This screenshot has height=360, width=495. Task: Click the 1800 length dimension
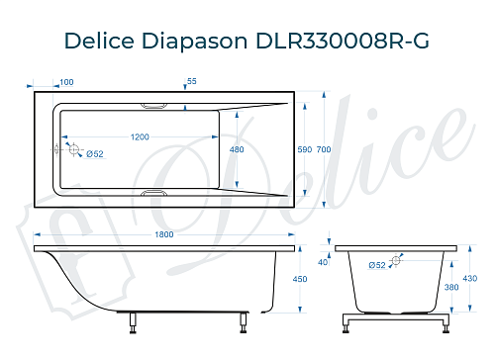click(164, 234)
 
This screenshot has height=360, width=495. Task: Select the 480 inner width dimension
click(237, 149)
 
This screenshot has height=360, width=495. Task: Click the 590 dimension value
click(304, 149)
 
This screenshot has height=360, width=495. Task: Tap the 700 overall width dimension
click(324, 149)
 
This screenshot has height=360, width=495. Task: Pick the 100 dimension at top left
click(66, 82)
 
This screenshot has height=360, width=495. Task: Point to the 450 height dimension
click(315, 279)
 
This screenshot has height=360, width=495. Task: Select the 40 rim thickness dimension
click(323, 262)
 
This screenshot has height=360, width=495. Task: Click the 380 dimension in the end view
click(452, 288)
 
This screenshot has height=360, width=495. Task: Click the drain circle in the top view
click(71, 148)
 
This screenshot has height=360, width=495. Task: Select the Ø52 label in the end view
click(376, 265)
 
